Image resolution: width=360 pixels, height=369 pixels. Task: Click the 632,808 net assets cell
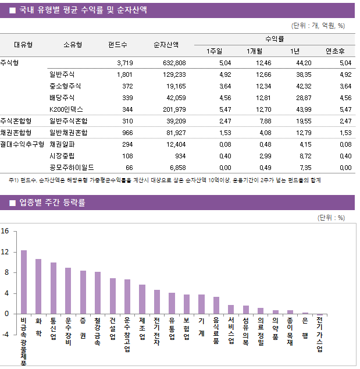coord(173,63)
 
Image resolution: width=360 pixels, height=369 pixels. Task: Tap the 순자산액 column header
coord(166,45)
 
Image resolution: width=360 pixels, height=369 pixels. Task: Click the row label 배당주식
coord(62,98)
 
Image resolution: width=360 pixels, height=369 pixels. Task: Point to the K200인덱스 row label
coord(67,109)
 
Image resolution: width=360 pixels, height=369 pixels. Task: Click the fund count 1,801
coord(124,74)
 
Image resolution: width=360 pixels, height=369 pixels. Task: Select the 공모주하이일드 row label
coord(72,167)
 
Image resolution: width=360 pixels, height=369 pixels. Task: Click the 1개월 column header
coord(255,51)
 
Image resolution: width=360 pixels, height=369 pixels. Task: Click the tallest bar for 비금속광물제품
coord(24,282)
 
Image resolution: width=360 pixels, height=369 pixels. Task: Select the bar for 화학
coord(38,286)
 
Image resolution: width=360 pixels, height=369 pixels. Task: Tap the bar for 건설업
coord(112,296)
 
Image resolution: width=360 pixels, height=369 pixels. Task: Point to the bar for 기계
coord(201,304)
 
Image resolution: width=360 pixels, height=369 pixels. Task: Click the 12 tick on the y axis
coord(5,252)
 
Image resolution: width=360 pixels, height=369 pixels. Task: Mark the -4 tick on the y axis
coord(5,335)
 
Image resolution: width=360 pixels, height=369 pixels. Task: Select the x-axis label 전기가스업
coord(319,334)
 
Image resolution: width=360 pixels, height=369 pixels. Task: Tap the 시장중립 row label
coord(62,155)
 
